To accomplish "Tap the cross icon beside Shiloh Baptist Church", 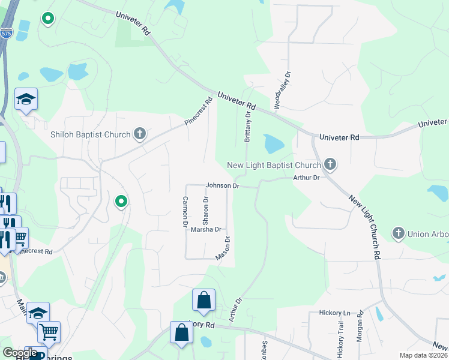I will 140,134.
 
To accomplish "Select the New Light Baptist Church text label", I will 274,165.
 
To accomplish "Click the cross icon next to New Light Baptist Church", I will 330,164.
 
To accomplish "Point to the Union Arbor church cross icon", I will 398,233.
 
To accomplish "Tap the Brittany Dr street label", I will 247,127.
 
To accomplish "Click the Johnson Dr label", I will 223,186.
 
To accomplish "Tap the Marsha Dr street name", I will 206,229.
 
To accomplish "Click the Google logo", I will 19,353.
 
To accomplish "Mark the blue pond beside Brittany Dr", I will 273,144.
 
